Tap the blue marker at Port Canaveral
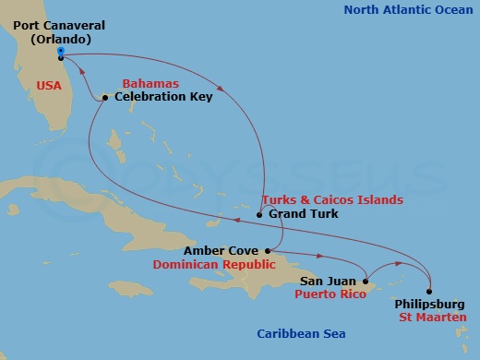pyautogui.click(x=60, y=52)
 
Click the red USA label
pyautogui.click(x=48, y=84)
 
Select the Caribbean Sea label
pyautogui.click(x=292, y=335)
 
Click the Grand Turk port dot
pyautogui.click(x=259, y=214)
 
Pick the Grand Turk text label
pyautogui.click(x=302, y=214)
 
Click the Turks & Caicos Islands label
pyautogui.click(x=332, y=199)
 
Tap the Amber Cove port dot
pyautogui.click(x=267, y=249)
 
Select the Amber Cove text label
pyautogui.click(x=222, y=249)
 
